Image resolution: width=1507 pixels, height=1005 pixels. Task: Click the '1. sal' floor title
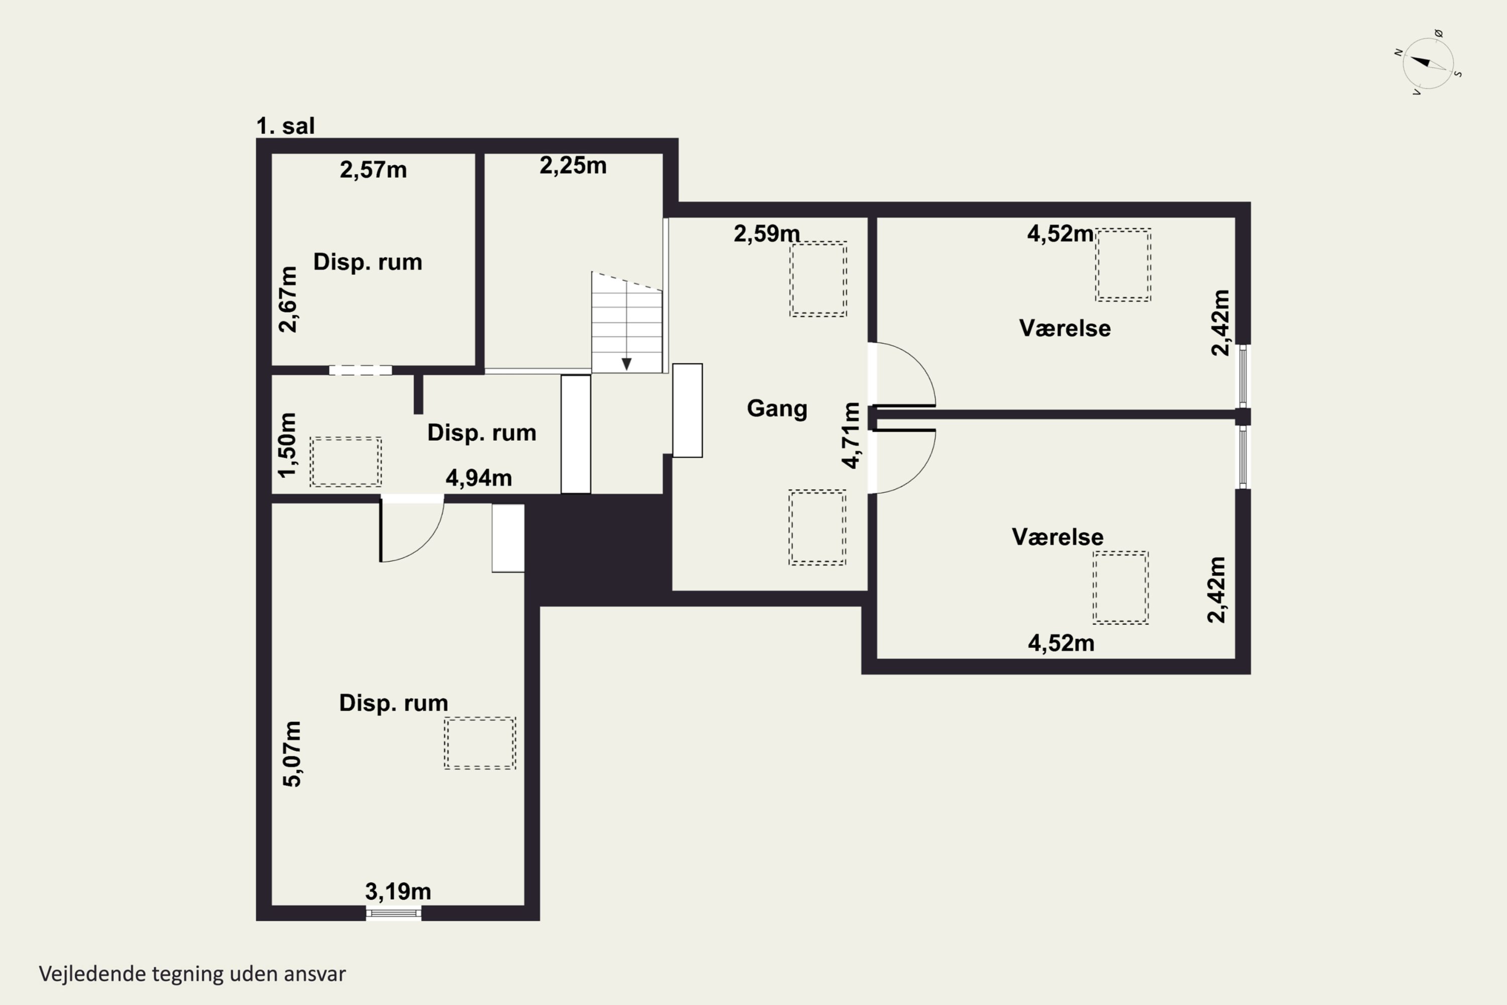pos(286,126)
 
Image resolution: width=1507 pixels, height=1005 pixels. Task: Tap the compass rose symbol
pos(1428,63)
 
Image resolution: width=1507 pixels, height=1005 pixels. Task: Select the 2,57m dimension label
pos(373,170)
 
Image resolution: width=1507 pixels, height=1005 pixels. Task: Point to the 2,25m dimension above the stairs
pos(573,165)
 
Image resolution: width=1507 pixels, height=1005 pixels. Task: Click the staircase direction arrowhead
pos(626,364)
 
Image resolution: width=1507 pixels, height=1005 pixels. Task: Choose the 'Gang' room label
pos(777,408)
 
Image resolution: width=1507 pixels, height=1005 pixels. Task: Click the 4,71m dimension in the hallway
pos(850,435)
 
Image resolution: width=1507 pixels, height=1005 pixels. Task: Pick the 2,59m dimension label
pos(767,233)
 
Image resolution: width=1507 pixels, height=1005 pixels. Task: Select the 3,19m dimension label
pos(398,891)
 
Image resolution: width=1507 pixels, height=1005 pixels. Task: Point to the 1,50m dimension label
pos(288,445)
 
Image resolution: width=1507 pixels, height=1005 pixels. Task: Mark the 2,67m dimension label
pos(288,299)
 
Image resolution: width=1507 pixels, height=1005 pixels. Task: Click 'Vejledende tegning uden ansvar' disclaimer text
pos(192,974)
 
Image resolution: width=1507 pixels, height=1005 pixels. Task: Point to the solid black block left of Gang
pos(598,550)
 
